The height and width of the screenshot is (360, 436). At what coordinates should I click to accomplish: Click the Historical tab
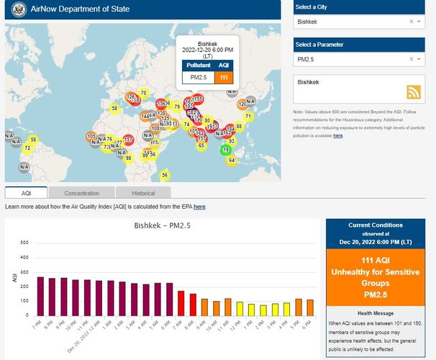tap(143, 193)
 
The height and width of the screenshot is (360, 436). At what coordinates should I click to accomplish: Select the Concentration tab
tap(81, 193)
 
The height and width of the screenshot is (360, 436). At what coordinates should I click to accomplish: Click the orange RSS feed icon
tap(413, 91)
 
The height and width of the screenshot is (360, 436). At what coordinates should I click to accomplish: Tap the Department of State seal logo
tap(17, 11)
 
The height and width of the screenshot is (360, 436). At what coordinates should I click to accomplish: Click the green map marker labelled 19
tap(226, 150)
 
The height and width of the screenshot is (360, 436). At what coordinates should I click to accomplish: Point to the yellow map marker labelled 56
tap(165, 175)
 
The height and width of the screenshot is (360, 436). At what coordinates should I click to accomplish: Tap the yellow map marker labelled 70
tap(143, 93)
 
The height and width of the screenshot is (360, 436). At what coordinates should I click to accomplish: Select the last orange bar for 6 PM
tap(309, 307)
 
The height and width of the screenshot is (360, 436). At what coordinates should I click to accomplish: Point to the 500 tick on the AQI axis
tap(24, 242)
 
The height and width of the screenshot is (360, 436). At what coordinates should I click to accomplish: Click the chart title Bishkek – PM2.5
tap(163, 225)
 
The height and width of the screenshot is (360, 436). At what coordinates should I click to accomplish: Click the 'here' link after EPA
tap(199, 207)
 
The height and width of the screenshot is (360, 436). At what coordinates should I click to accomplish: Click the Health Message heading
tap(374, 312)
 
